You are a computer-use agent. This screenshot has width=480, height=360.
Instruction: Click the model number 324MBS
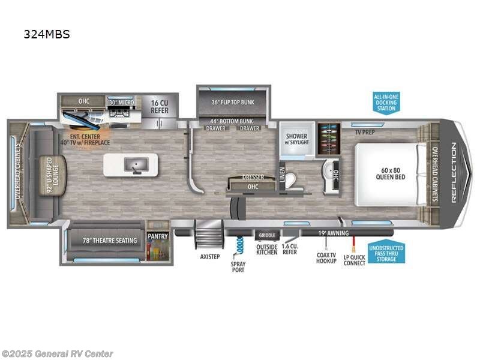click(x=47, y=34)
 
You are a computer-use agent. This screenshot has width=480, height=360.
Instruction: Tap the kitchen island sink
click(x=136, y=165)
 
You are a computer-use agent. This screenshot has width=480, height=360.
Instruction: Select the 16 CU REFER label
click(x=160, y=107)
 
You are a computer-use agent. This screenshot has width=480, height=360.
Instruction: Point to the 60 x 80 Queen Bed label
click(x=391, y=173)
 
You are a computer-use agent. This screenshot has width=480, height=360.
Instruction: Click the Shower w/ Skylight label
click(x=296, y=139)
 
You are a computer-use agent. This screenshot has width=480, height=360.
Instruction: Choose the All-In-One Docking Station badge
click(x=386, y=103)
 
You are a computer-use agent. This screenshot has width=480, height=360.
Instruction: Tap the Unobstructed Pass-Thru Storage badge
click(x=386, y=252)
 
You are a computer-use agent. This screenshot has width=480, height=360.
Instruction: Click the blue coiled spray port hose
click(x=239, y=245)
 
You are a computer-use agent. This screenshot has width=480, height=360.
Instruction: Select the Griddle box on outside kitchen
click(x=267, y=235)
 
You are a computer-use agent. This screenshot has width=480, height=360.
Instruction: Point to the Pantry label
click(x=158, y=236)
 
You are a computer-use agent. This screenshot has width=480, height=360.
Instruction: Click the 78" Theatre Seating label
click(x=110, y=241)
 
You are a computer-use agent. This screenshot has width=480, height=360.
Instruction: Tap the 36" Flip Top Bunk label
click(x=233, y=102)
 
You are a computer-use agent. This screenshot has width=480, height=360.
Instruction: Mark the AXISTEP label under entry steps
click(x=210, y=257)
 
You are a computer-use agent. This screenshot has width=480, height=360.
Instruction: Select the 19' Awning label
click(x=334, y=233)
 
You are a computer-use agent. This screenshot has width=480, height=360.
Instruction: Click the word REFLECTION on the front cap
click(x=454, y=172)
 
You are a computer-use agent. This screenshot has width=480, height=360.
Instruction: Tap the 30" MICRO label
click(x=122, y=102)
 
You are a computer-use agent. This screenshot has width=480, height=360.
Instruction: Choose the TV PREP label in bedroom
click(x=365, y=132)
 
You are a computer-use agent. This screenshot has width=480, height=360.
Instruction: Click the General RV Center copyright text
click(x=58, y=354)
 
